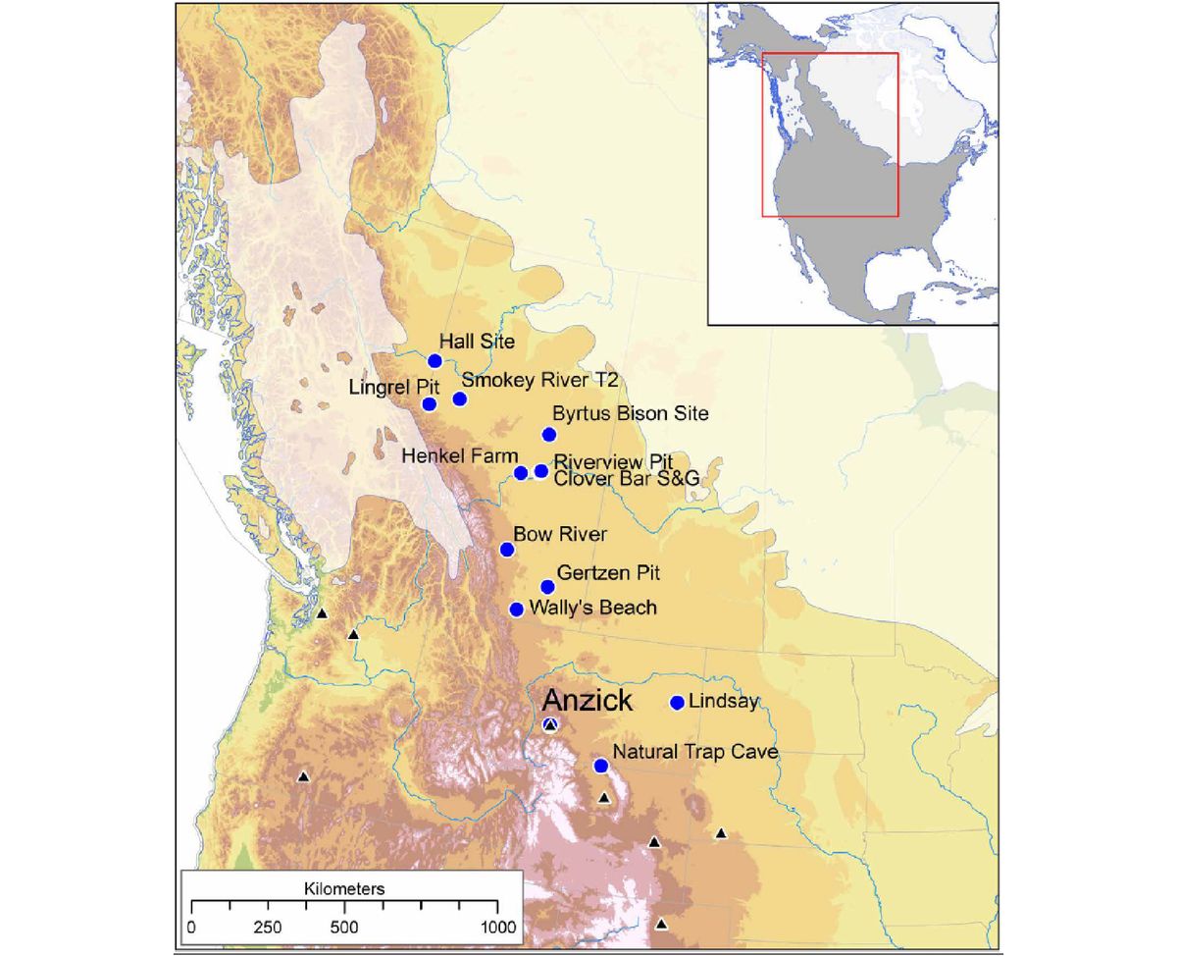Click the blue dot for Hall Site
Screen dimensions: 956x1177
tap(435, 360)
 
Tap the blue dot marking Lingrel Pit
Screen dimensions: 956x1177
tap(429, 403)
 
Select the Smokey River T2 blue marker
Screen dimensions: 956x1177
tap(459, 398)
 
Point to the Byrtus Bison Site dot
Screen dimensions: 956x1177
tap(549, 435)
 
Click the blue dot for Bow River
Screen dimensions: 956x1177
tap(507, 550)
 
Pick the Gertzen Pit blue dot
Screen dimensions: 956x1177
tap(548, 586)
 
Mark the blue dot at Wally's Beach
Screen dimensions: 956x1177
tap(517, 610)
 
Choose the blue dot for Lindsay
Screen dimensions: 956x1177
tap(677, 703)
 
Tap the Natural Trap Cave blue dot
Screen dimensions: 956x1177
tap(601, 766)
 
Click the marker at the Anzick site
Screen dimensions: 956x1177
tap(550, 725)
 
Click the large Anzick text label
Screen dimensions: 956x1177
tap(588, 701)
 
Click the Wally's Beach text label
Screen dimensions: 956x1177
tap(592, 608)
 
